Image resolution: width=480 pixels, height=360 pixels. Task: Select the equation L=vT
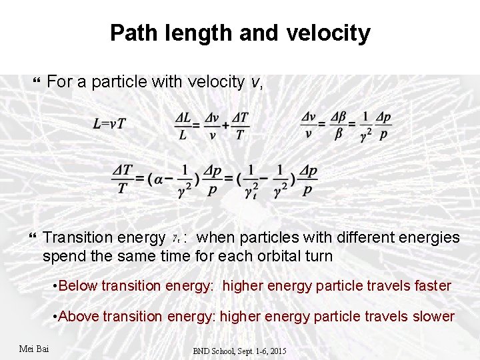[110, 123]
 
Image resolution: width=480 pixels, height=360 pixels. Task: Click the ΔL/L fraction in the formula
[181, 125]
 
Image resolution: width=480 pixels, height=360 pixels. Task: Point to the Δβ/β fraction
[339, 125]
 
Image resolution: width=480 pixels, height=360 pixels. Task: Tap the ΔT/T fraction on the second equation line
[122, 179]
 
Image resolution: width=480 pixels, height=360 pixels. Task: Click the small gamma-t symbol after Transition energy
[176, 237]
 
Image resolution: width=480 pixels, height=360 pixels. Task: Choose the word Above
[78, 316]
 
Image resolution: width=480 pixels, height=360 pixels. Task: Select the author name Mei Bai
[34, 349]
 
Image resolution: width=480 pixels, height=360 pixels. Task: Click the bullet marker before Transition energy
[35, 238]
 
